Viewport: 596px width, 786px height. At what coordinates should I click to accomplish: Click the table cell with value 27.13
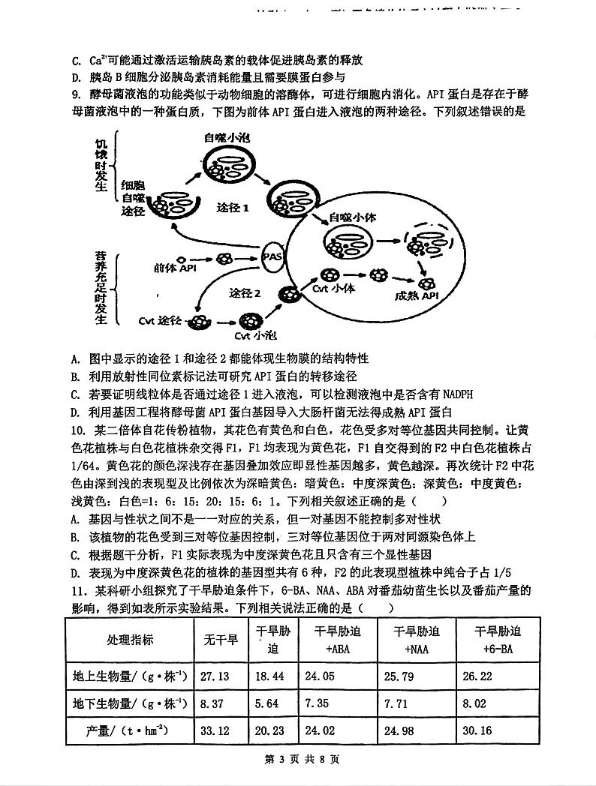[216, 676]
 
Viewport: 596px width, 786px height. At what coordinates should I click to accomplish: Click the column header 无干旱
[221, 640]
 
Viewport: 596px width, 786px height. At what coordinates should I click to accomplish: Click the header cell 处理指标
[131, 640]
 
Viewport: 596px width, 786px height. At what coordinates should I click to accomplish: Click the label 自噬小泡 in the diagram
[227, 138]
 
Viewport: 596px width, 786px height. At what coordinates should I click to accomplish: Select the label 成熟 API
[417, 295]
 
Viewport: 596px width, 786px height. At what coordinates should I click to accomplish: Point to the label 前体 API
[175, 267]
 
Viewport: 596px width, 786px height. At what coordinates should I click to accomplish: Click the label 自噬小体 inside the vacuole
[353, 217]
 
